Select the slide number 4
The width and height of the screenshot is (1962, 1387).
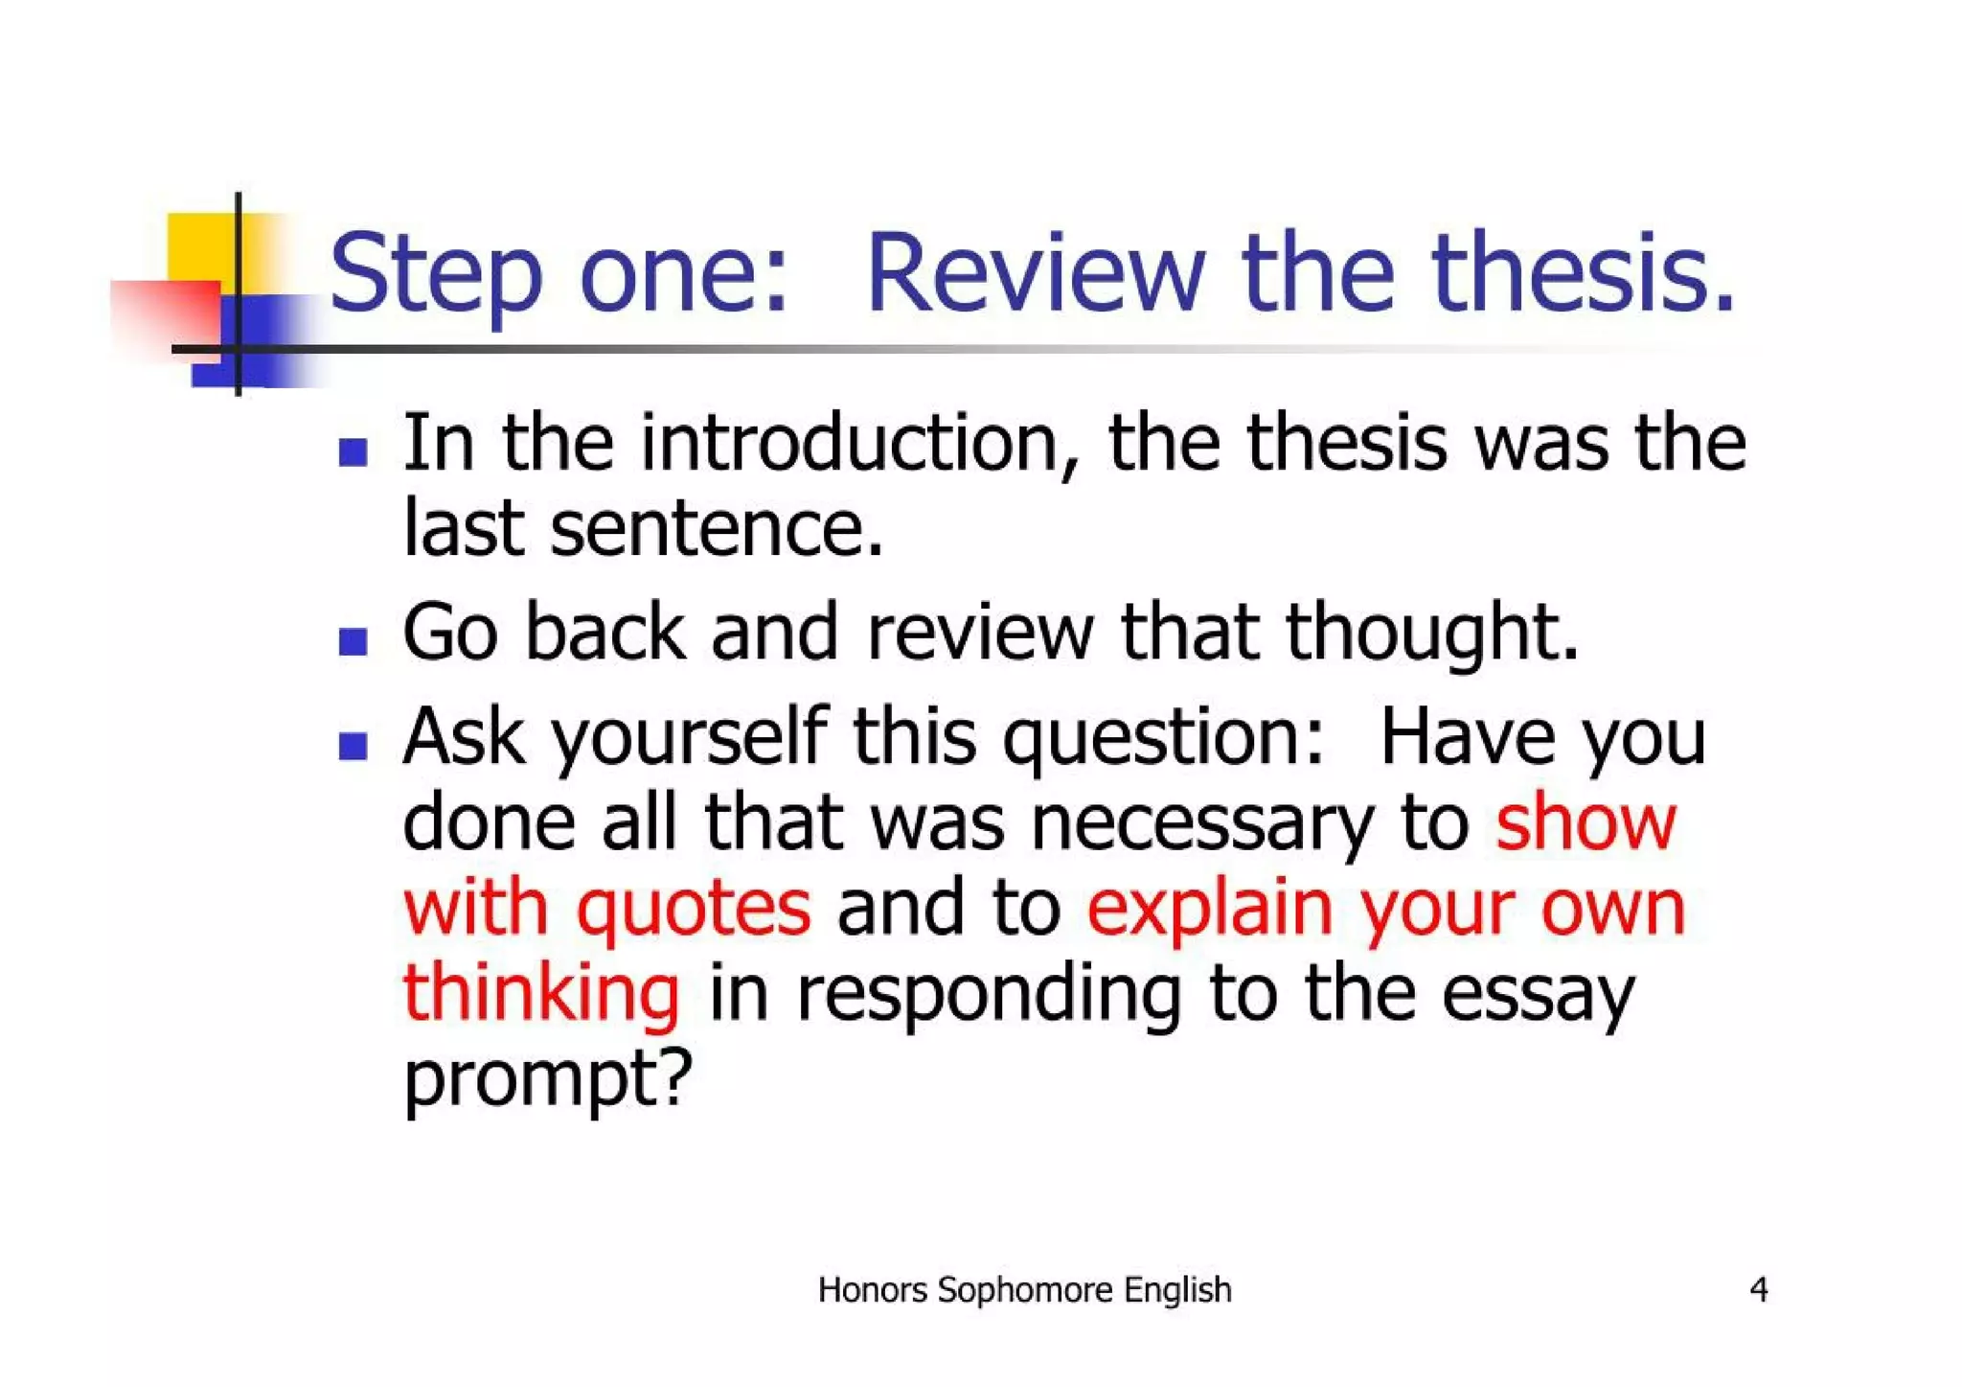point(1758,1289)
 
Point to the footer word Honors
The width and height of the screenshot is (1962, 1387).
point(872,1290)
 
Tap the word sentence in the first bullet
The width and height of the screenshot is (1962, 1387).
point(716,529)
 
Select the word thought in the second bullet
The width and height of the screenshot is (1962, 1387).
point(1431,634)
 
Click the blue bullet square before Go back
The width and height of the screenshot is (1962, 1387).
point(354,641)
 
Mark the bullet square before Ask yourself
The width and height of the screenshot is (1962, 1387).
point(354,746)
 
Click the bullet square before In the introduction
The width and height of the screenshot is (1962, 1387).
point(354,451)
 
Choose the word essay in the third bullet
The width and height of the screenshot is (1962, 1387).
point(1538,994)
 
